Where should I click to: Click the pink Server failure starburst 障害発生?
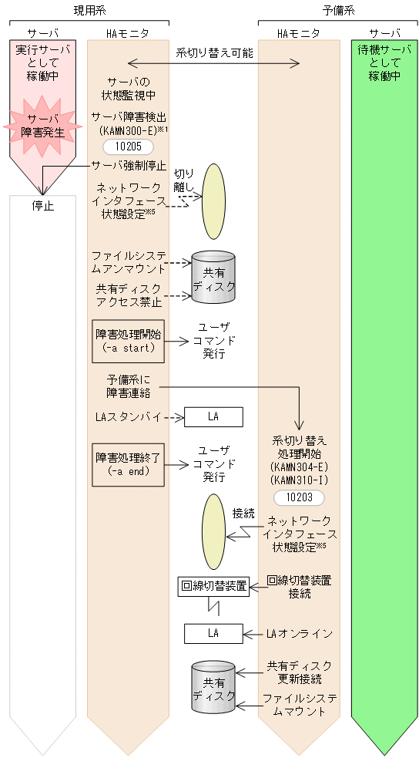tap(43, 125)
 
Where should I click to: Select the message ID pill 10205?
tap(128, 147)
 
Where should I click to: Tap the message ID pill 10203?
tap(299, 497)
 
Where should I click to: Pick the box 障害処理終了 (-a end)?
tap(129, 464)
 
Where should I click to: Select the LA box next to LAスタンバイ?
tap(213, 417)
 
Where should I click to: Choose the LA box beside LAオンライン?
tap(213, 633)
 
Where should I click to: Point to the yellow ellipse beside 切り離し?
tap(214, 201)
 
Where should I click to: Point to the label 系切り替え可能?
tap(214, 52)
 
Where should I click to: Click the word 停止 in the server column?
tap(43, 206)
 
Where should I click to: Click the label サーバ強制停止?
tap(129, 165)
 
